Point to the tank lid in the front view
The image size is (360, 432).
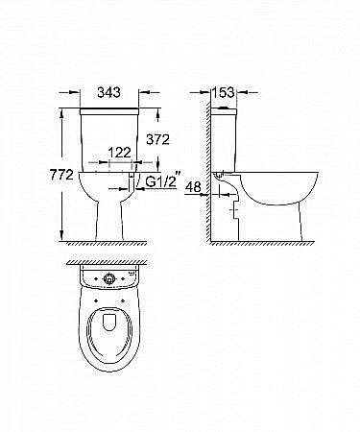tap(108, 113)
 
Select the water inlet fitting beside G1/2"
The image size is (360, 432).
tap(131, 179)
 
